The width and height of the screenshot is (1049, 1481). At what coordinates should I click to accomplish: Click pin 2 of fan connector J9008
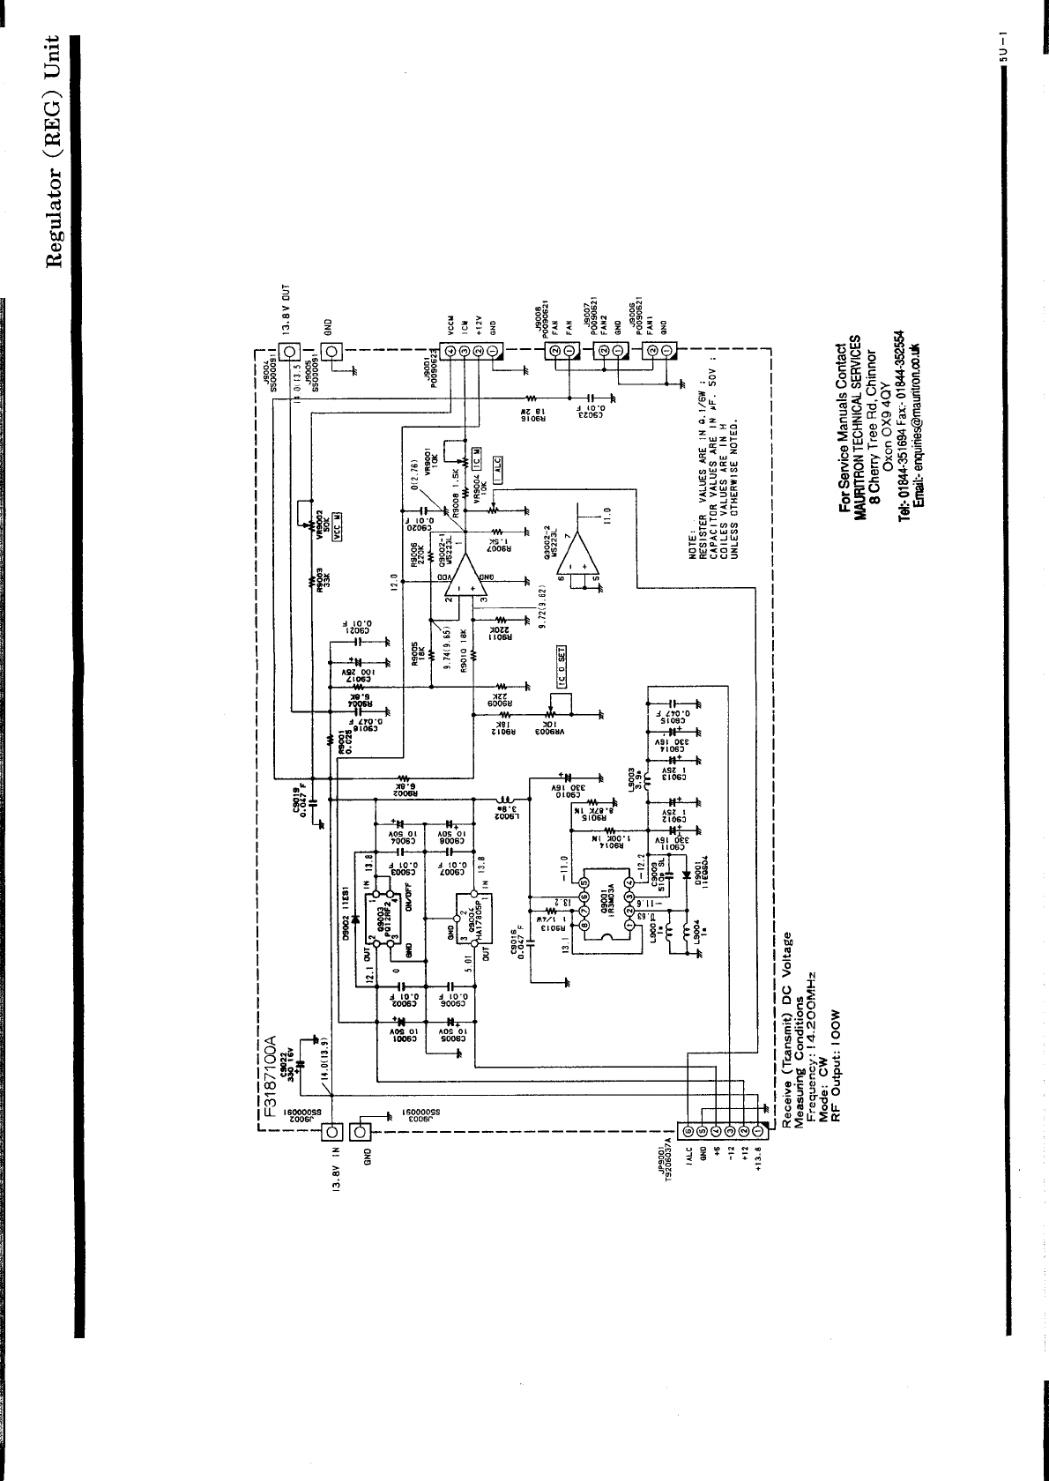point(554,353)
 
